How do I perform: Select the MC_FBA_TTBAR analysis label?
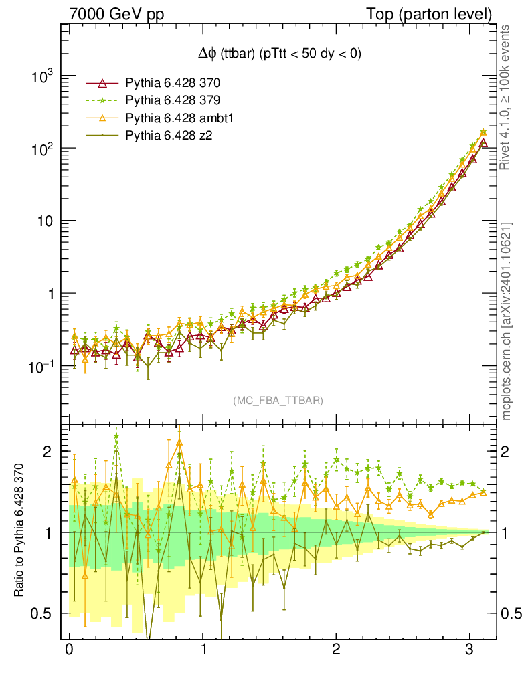278,400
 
